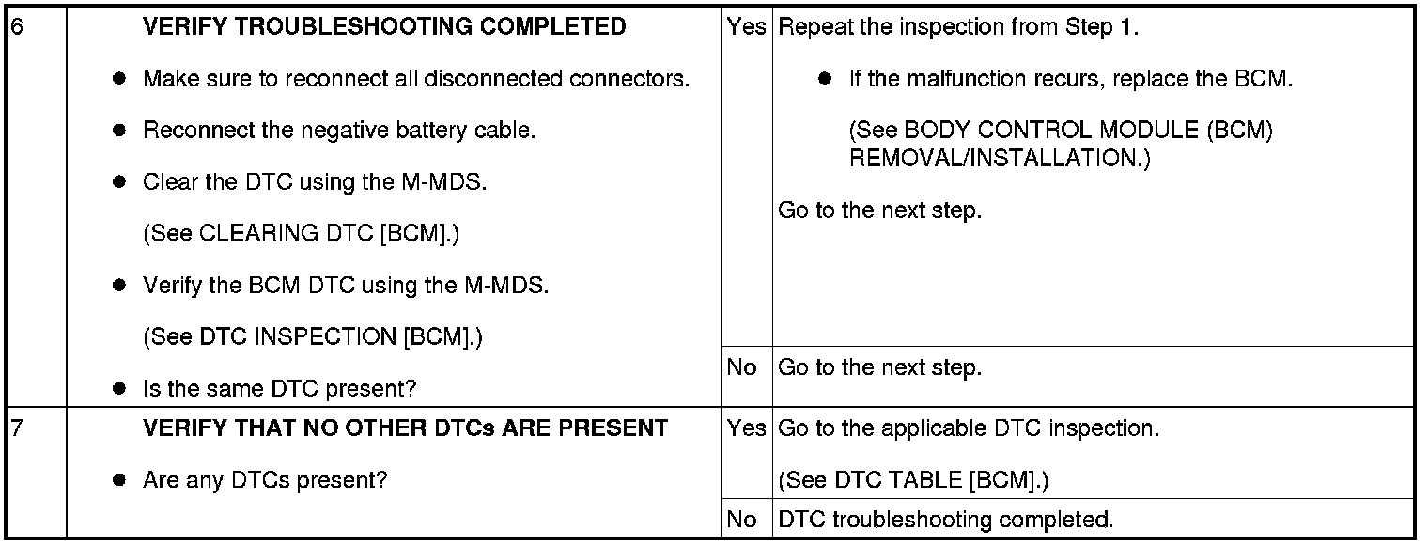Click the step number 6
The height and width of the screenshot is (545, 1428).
tap(16, 27)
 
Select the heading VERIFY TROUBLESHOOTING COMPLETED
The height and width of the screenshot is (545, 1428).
tap(384, 27)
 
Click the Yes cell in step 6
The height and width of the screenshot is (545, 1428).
tap(747, 27)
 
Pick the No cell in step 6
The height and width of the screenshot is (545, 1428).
tap(742, 367)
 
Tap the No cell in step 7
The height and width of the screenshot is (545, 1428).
tap(742, 519)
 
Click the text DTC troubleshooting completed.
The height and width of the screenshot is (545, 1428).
tap(946, 519)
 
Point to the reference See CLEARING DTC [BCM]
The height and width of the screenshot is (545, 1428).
tap(301, 234)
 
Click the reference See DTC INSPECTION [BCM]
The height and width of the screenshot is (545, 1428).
tap(313, 336)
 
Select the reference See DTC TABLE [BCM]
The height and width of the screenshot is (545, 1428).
tap(913, 481)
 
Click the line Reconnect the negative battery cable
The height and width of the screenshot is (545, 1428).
tap(339, 131)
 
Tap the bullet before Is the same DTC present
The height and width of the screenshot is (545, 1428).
tap(119, 388)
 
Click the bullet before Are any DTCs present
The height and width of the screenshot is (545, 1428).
tap(119, 481)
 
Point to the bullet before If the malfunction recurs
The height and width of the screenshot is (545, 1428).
tap(825, 79)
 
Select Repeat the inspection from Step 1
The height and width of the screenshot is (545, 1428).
tap(959, 27)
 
